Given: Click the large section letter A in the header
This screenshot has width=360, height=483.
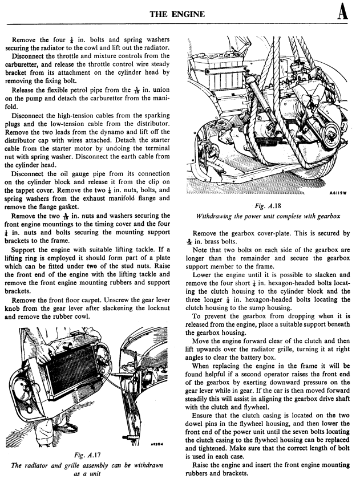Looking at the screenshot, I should coord(343,12).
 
